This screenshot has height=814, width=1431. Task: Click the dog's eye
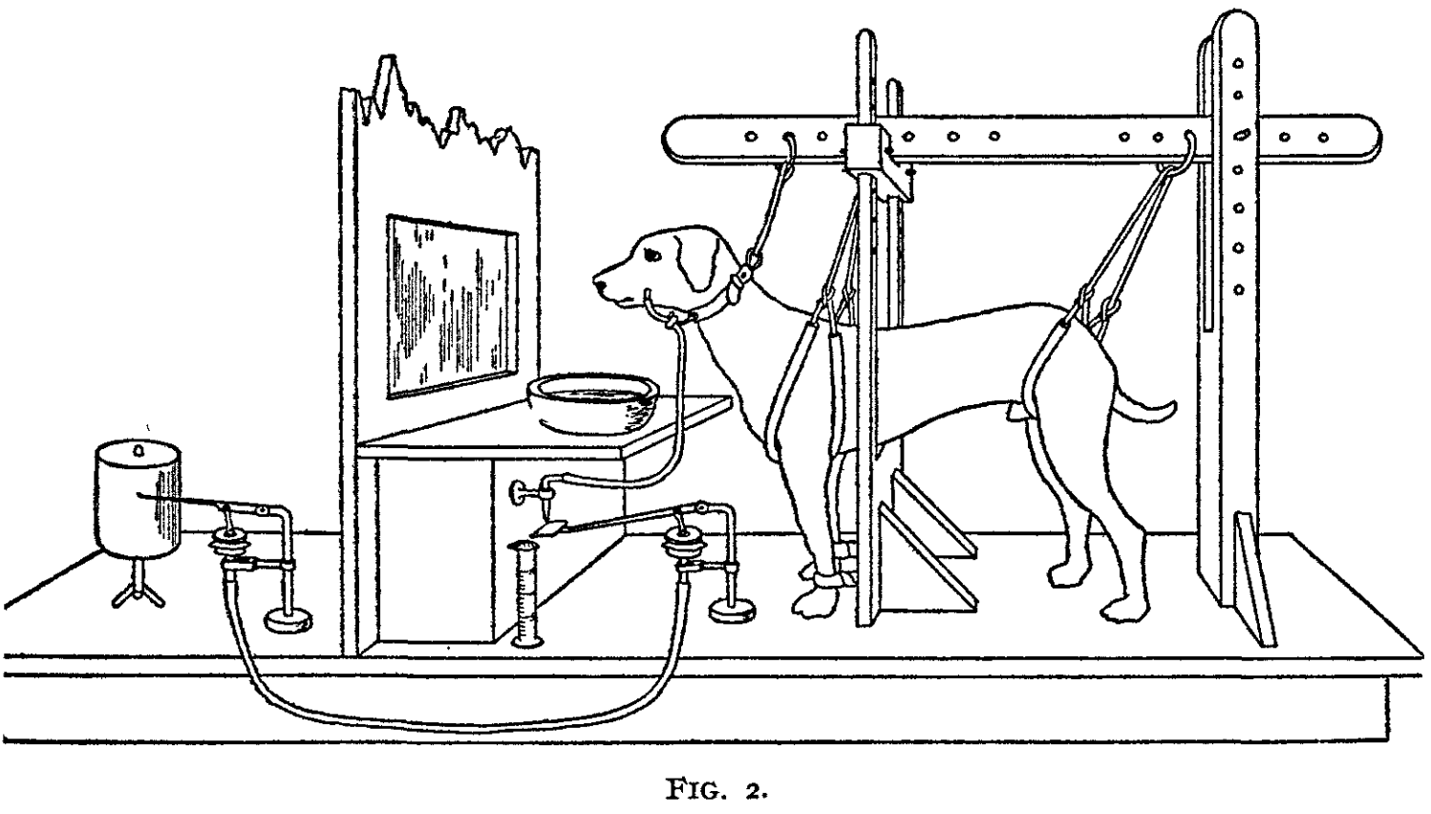(x=653, y=255)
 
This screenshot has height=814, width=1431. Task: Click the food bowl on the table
(x=590, y=402)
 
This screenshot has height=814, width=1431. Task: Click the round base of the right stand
(x=733, y=609)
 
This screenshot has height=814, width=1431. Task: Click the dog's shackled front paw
(x=818, y=593)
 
